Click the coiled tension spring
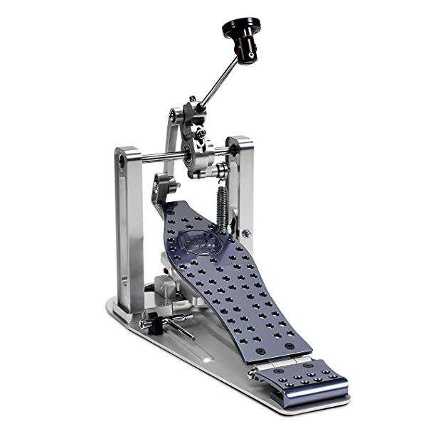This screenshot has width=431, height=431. [x=223, y=206]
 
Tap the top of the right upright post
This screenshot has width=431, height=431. [x=241, y=143]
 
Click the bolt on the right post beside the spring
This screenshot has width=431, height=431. [x=246, y=233]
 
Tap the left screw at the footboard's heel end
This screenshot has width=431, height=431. [x=260, y=351]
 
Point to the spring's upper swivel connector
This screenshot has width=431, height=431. [x=222, y=171]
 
